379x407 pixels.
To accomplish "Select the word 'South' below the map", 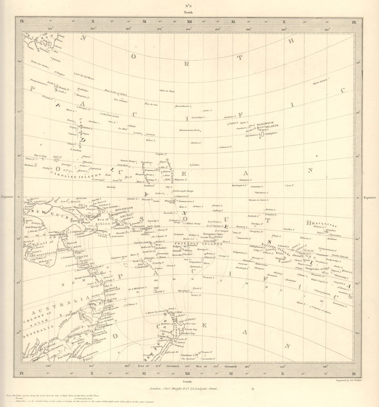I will click(189, 381).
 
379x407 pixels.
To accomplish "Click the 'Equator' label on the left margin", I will click(7, 197).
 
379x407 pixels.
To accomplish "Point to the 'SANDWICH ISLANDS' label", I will click(267, 125).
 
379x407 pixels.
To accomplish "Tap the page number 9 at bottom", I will click(252, 389).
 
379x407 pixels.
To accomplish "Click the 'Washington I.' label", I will click(239, 185).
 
